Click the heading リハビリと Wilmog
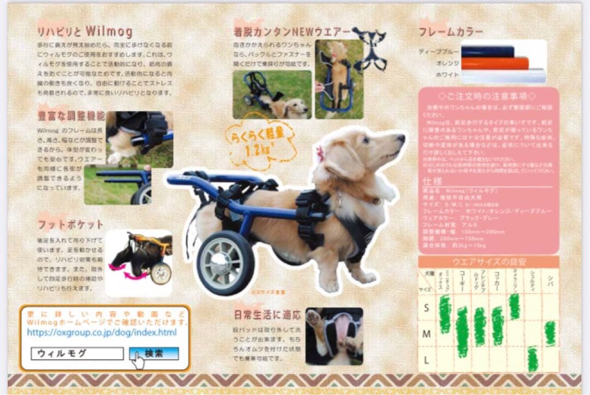84,32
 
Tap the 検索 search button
154,353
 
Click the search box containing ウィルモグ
76,353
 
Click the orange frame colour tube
494,63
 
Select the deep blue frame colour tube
488,51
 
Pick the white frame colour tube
503,75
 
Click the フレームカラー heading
451,32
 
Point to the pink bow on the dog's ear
321,154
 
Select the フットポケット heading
70,224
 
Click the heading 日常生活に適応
267,315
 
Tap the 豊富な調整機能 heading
70,116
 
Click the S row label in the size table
427,308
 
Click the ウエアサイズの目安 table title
488,262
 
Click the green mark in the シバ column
550,333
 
